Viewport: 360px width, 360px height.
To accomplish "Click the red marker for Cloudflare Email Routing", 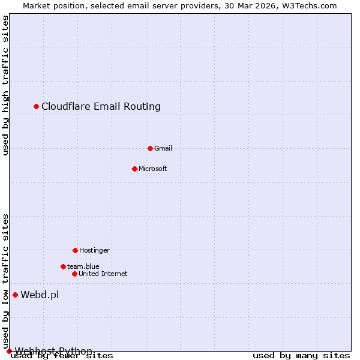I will [36, 106].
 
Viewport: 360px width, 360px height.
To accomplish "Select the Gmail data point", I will [150, 148].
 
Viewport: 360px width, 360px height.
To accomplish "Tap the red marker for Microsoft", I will [134, 169].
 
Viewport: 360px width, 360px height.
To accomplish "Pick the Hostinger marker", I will [75, 250].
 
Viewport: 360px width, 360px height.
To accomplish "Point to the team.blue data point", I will [63, 266].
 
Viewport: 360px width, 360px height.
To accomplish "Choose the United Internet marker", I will [74, 274].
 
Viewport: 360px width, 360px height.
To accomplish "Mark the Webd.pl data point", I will [15, 295].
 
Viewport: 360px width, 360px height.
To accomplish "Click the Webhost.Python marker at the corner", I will [9, 351].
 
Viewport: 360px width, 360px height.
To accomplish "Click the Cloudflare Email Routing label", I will [101, 107].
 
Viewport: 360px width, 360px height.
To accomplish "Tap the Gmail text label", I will [163, 148].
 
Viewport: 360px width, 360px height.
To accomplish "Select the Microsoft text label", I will [153, 169].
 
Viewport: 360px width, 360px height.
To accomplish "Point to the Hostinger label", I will [94, 250].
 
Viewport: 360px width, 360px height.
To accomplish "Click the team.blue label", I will [83, 266].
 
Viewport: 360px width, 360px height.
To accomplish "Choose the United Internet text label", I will [103, 274].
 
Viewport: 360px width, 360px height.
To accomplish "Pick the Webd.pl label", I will [40, 295].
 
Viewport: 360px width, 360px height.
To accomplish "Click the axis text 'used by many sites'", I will [301, 356].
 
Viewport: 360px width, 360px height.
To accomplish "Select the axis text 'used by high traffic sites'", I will [6, 86].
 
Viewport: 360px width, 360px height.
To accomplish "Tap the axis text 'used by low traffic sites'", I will [6, 281].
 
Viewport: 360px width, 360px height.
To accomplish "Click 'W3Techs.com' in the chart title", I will [312, 6].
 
